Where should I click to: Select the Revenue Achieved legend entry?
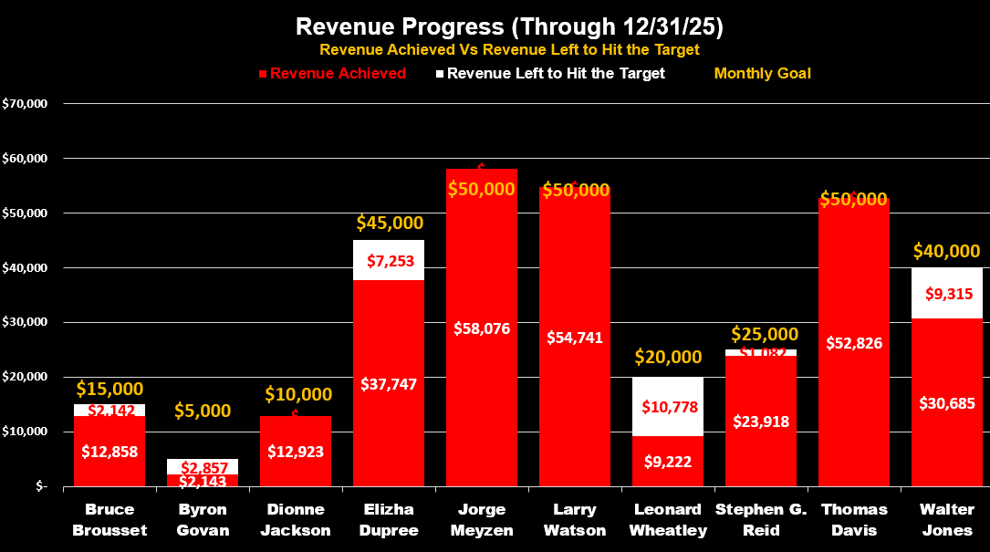pyautogui.click(x=338, y=73)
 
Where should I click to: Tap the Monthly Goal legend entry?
pyautogui.click(x=762, y=73)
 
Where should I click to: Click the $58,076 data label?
pyautogui.click(x=482, y=328)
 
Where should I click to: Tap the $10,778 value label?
pyautogui.click(x=668, y=406)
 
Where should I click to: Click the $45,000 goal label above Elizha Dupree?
pyautogui.click(x=389, y=223)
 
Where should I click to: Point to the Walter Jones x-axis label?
pyautogui.click(x=947, y=519)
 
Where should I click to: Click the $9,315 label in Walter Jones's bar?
pyautogui.click(x=947, y=294)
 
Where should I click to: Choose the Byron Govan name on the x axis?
pyautogui.click(x=203, y=519)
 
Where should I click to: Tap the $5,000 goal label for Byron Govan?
pyautogui.click(x=203, y=411)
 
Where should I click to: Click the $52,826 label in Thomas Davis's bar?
pyautogui.click(x=854, y=343)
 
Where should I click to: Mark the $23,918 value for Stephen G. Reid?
pyautogui.click(x=761, y=422)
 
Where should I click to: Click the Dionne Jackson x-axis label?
pyautogui.click(x=296, y=519)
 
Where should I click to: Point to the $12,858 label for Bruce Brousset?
pyautogui.click(x=109, y=451)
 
